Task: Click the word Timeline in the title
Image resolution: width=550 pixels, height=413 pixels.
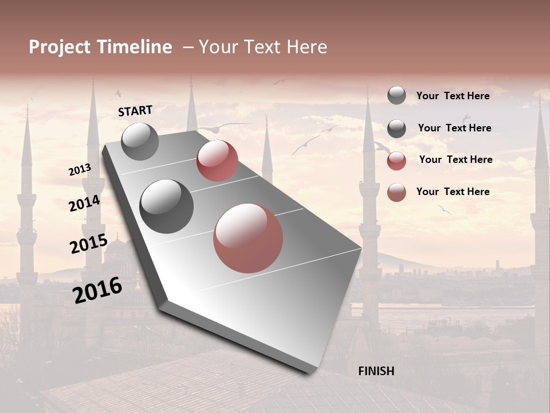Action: tap(136, 47)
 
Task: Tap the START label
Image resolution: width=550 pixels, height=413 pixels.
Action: tap(135, 111)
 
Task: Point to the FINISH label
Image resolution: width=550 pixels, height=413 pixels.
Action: tap(376, 371)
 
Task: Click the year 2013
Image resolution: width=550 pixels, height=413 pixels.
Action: tap(80, 170)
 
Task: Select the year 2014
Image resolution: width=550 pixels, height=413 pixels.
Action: tap(84, 204)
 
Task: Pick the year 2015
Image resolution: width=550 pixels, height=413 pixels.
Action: tap(88, 244)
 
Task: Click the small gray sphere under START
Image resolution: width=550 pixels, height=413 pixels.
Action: tap(140, 141)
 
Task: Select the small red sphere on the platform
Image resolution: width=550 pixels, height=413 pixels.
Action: tap(217, 161)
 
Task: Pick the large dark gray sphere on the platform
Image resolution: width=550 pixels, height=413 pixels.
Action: tap(167, 206)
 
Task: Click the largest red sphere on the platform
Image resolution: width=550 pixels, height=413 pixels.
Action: tap(248, 238)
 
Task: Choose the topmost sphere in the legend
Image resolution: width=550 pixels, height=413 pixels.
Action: tap(396, 95)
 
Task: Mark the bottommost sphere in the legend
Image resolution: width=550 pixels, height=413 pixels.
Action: tap(396, 192)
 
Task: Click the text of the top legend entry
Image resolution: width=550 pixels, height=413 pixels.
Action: tap(453, 96)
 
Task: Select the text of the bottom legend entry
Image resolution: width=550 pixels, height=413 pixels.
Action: tap(453, 192)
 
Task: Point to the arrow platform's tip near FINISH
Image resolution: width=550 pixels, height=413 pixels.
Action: tap(312, 370)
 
